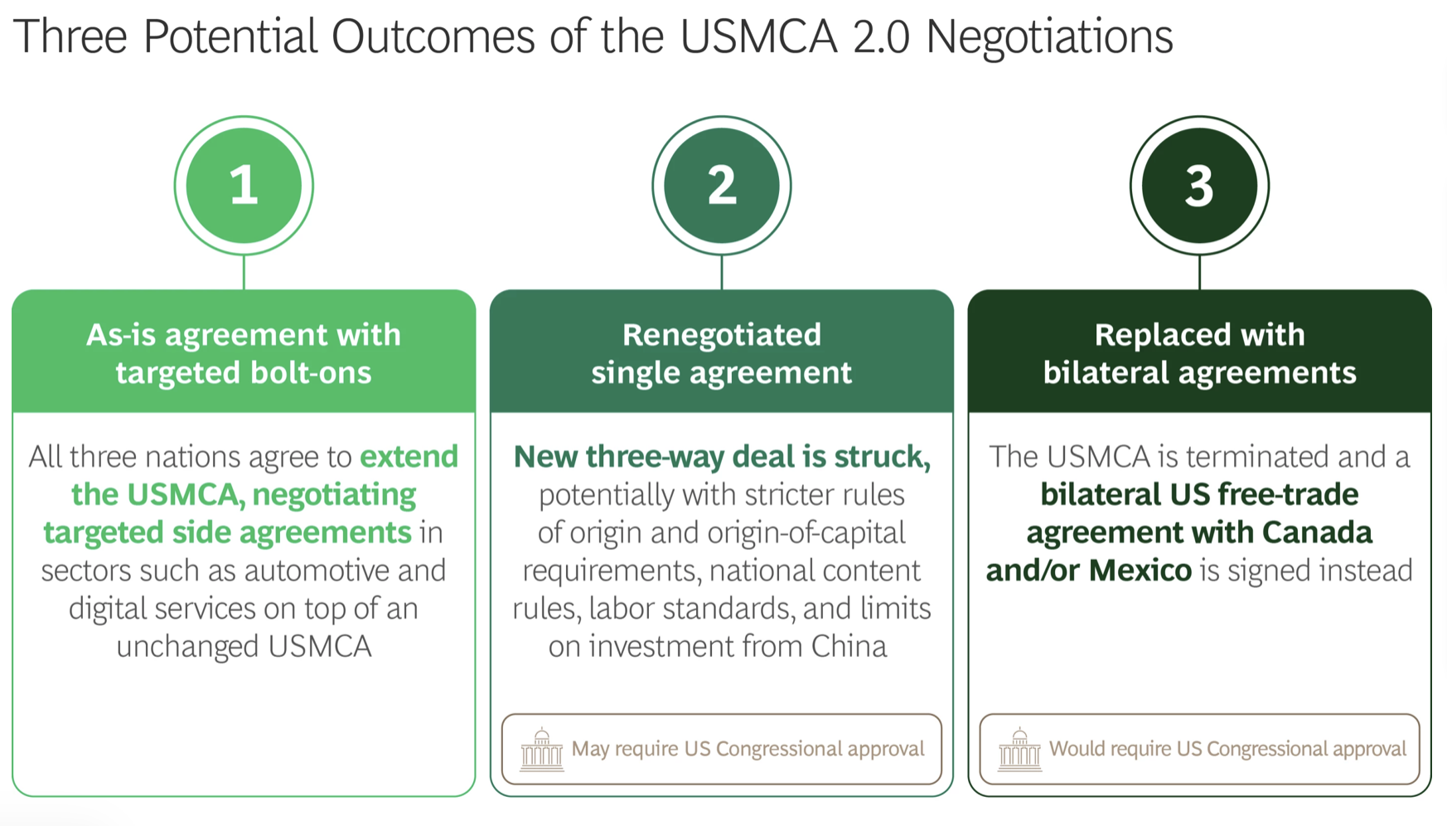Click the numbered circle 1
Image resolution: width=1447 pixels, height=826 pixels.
[244, 185]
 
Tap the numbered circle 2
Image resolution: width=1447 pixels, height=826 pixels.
[721, 185]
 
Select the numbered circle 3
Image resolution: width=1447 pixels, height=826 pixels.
[1198, 185]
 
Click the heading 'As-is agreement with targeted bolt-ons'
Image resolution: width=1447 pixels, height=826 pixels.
[244, 353]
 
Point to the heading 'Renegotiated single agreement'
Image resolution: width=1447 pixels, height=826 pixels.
[721, 353]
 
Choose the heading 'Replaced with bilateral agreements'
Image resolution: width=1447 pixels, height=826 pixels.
[1198, 353]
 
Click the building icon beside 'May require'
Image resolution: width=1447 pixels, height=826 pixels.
[541, 750]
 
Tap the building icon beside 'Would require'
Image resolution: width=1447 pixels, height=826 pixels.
[1019, 750]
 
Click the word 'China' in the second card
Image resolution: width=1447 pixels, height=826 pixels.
[849, 646]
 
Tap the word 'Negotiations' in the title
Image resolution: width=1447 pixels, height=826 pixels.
[1048, 37]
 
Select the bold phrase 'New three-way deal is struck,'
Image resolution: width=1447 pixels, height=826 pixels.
[721, 457]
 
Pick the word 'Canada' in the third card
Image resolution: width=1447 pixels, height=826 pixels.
[1317, 532]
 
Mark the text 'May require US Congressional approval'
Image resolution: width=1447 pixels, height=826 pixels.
[748, 749]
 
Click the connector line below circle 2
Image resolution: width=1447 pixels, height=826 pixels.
[721, 272]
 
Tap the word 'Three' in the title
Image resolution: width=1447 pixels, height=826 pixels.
[71, 37]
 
